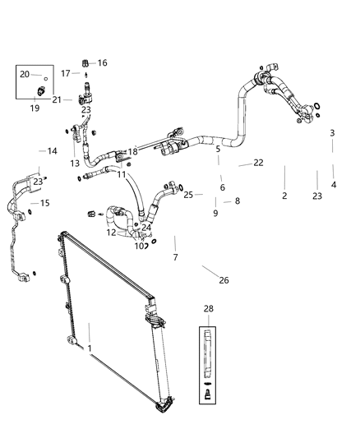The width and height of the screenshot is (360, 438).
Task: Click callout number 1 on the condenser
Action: pos(89,348)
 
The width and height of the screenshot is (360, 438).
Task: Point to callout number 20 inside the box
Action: pos(25,74)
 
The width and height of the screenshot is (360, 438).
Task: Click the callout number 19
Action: pos(35,107)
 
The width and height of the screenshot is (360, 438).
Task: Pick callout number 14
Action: pos(52,151)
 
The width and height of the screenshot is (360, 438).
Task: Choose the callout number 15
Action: pos(45,203)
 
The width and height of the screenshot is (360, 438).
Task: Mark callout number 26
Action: pos(224,280)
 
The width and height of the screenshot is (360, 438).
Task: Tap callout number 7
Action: pos(174,258)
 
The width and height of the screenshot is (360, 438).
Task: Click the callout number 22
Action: pos(258,163)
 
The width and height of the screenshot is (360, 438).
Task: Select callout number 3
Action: pos(332,133)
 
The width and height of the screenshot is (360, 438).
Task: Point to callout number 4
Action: pos(333,185)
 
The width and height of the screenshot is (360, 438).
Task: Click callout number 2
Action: pos(284,196)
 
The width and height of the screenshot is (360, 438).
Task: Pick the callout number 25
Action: pos(188,195)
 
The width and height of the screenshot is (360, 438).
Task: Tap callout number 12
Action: pos(111,233)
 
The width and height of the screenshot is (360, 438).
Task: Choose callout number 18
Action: pos(132,152)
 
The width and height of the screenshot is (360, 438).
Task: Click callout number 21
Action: pos(57,99)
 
